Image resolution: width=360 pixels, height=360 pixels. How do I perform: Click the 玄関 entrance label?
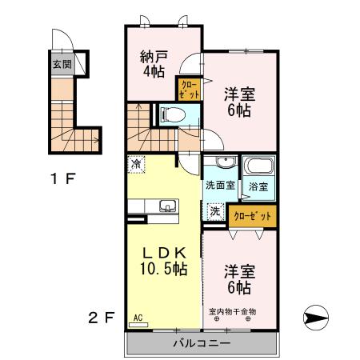point(62,64)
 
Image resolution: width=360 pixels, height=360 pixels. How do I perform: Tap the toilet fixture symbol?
point(173,114)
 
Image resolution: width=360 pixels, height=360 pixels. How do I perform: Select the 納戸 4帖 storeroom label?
point(154,64)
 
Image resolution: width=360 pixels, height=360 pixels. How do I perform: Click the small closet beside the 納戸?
point(189,90)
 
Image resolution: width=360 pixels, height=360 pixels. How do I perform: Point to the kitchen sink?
point(167,206)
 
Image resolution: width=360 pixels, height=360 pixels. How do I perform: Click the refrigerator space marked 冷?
point(136,164)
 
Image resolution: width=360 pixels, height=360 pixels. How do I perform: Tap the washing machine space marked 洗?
point(215,211)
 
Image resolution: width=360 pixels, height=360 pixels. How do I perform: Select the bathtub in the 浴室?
point(259,166)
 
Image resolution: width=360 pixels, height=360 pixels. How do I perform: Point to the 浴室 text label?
point(258,186)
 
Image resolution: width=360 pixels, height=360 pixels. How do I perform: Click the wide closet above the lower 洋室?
point(253,216)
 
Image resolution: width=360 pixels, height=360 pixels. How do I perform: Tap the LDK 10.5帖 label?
point(164,262)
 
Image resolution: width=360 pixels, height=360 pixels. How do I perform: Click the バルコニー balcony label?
point(202,343)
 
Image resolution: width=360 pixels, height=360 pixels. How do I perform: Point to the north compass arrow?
point(316,318)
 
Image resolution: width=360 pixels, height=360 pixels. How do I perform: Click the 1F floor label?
point(63,178)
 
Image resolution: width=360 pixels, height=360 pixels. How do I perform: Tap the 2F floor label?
point(102,318)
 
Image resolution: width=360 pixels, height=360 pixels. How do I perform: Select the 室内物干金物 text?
point(232,311)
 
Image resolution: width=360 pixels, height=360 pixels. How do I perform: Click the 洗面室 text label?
point(220,186)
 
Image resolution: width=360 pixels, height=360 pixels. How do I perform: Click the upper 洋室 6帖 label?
point(239,102)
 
